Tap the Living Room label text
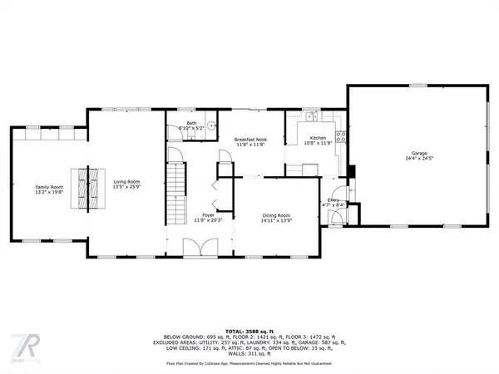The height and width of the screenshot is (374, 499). click(126, 181)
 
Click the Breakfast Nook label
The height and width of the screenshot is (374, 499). click(249, 139)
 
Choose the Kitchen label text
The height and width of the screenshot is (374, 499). click(318, 138)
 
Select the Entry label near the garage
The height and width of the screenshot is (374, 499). click(333, 200)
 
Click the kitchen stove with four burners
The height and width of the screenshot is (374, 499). click(339, 135)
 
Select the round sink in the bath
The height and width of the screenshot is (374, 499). click(211, 126)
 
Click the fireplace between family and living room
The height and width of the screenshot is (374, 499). click(82, 189)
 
